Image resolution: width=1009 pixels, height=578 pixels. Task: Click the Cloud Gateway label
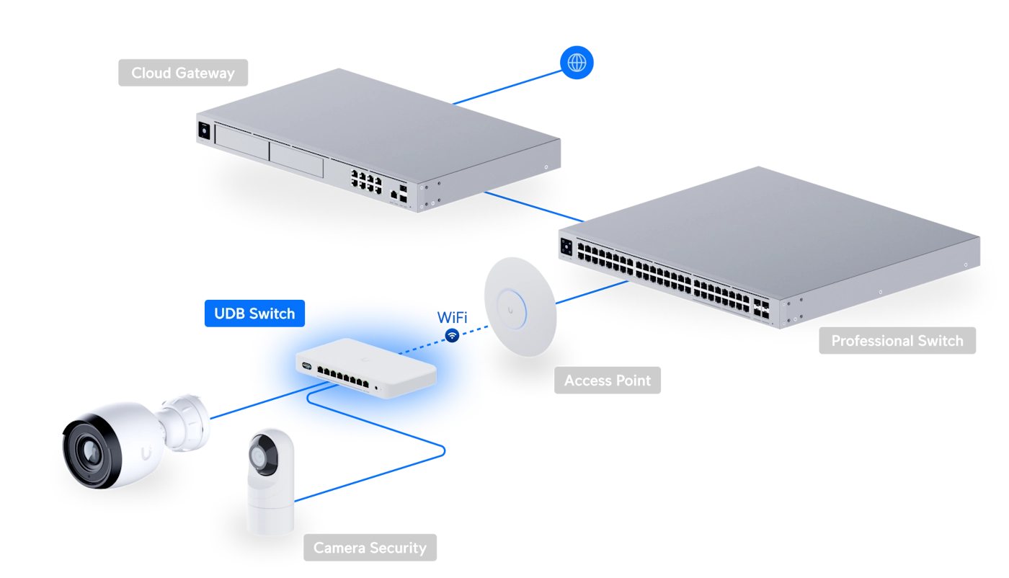(183, 73)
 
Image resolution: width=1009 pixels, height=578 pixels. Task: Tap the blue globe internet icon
(577, 63)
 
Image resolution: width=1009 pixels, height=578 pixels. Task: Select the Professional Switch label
(897, 341)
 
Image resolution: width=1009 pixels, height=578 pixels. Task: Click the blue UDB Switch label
(254, 313)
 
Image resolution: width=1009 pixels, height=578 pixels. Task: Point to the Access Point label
(607, 381)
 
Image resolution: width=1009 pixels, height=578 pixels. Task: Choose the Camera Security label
(370, 547)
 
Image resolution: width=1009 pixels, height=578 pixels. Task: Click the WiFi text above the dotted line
(453, 318)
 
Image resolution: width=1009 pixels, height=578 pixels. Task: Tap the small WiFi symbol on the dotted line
(452, 335)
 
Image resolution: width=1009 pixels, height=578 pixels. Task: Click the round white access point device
(520, 306)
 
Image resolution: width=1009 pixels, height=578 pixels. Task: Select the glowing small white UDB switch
(366, 368)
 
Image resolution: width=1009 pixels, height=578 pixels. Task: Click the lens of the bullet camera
(89, 452)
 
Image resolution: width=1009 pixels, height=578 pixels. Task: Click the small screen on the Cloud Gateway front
(204, 131)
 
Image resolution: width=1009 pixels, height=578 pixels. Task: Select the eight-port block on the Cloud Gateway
(366, 182)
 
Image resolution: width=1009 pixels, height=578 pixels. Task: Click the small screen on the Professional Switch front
(566, 247)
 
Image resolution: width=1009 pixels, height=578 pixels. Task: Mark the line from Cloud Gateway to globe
(507, 87)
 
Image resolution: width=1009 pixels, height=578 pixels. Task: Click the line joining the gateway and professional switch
(534, 207)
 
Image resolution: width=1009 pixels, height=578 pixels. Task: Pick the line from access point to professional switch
(592, 292)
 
